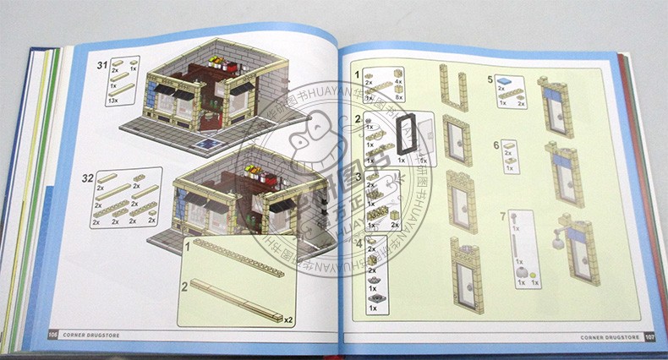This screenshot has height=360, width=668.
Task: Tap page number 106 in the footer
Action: [x=54, y=335]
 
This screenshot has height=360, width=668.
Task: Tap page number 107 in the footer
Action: [x=649, y=338]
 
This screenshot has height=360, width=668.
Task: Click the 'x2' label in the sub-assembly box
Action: [x=288, y=319]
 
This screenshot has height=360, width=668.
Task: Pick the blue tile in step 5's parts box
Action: [x=506, y=81]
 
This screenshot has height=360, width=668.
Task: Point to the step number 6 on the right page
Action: [x=496, y=145]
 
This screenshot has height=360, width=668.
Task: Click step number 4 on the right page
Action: [x=359, y=244]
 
